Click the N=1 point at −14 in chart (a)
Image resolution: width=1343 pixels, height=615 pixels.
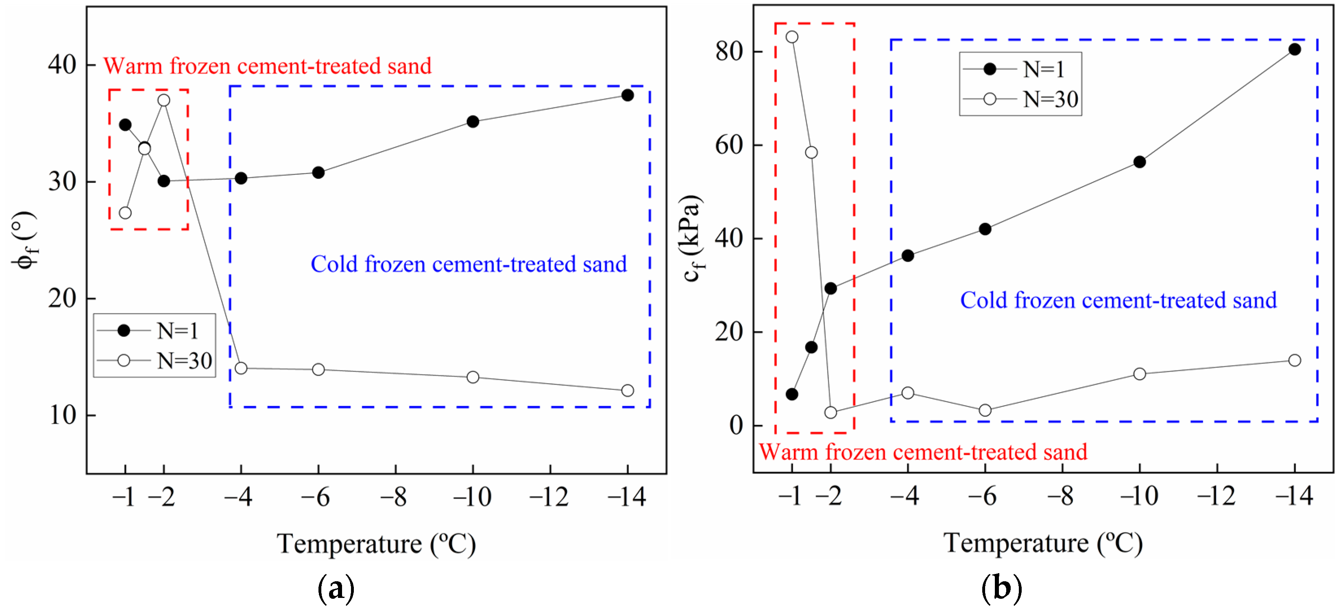[x=627, y=96]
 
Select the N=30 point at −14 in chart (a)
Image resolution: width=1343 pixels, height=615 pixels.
[x=627, y=390]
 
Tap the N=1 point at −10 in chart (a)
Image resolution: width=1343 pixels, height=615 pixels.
[x=473, y=122]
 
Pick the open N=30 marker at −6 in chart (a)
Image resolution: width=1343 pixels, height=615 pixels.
[x=318, y=369]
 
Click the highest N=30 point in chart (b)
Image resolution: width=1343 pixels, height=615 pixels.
[x=792, y=37]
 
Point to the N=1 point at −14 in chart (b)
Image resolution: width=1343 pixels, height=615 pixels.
[x=1294, y=50]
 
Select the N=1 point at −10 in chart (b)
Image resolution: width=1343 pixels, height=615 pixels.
[x=1140, y=162]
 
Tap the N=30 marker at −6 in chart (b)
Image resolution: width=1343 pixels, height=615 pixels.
[x=985, y=410]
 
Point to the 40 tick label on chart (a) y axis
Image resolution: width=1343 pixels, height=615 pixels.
[x=61, y=65]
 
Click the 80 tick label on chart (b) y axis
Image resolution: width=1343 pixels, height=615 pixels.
[x=728, y=52]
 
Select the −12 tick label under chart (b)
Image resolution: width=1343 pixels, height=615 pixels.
[x=1217, y=495]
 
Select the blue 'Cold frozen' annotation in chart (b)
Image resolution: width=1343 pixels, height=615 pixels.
[x=1118, y=300]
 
